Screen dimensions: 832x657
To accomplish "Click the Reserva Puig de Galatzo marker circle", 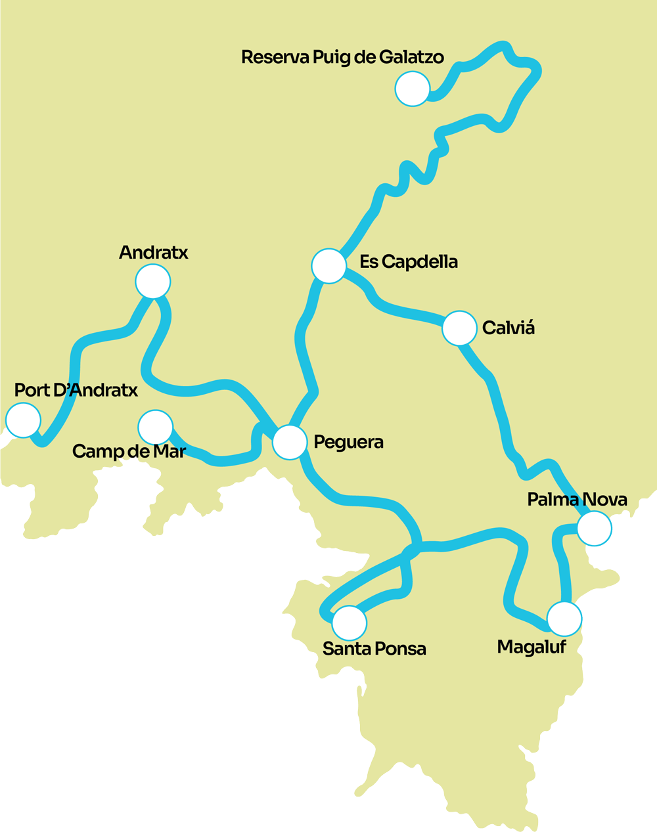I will coord(413,89).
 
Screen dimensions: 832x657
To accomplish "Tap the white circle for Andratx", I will coord(153,282).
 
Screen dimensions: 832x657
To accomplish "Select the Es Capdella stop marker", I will coord(328,266).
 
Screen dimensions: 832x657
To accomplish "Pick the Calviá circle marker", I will coord(459,328).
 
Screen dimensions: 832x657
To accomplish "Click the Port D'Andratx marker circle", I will coord(23,420).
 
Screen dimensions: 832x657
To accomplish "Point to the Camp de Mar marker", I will coord(156,427).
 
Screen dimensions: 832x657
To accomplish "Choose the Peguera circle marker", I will coord(290,442).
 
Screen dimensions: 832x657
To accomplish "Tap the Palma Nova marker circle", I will coord(594,528).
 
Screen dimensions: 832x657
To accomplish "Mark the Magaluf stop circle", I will coord(564,619).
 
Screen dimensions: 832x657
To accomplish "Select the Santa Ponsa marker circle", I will coord(350,623).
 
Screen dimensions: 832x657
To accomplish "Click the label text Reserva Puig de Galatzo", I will coord(342,58).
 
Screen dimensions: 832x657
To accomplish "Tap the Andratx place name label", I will coord(154,253).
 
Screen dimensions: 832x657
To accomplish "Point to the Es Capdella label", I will coord(409,262).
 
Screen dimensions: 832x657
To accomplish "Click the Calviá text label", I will coord(508,328).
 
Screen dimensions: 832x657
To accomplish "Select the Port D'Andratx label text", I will coord(76,391).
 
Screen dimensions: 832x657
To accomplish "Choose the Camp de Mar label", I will coord(129,452).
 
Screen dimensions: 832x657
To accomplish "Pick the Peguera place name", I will coord(348,442).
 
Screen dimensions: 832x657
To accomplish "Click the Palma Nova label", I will coord(577,500).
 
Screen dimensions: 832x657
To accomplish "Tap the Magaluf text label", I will coord(532,647).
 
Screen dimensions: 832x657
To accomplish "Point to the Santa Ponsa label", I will coord(374,649).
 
